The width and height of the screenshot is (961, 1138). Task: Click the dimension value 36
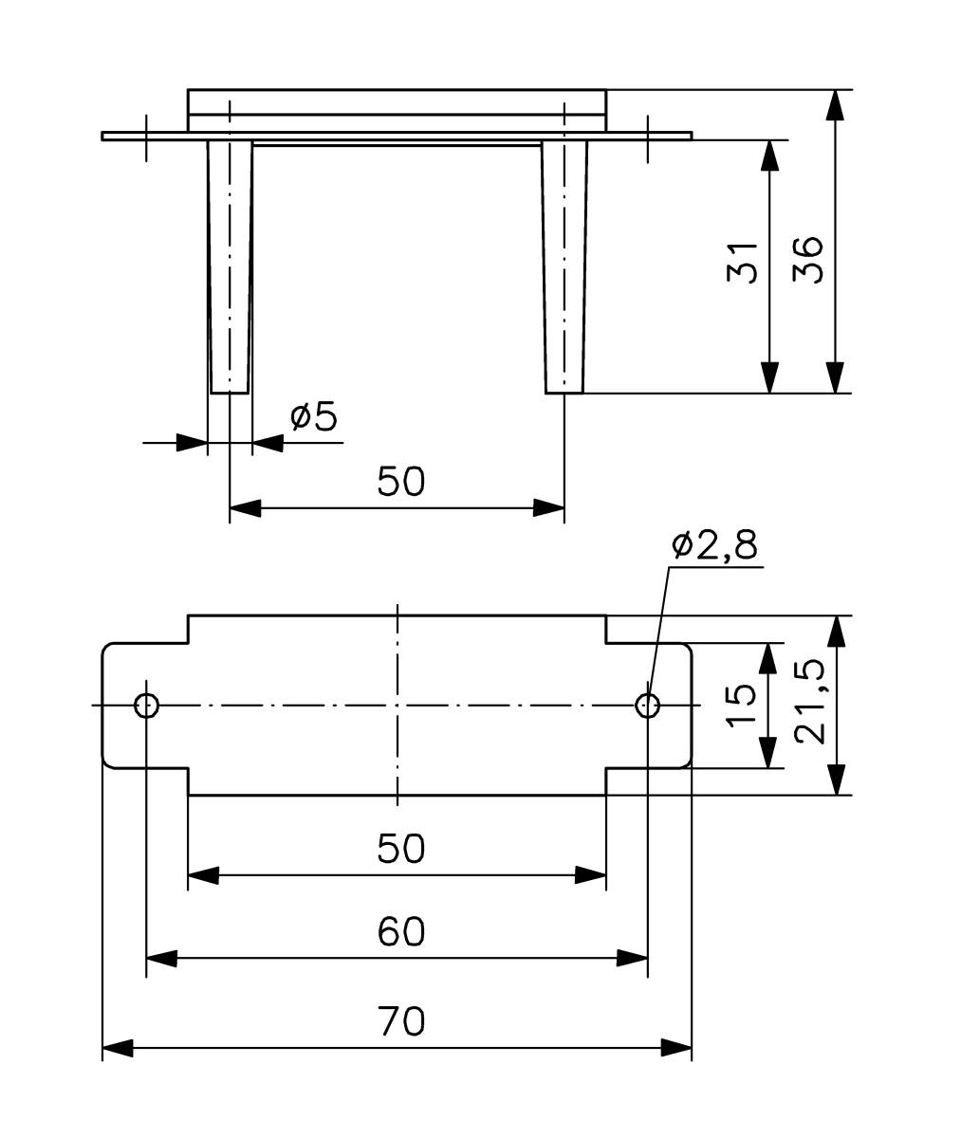(x=808, y=259)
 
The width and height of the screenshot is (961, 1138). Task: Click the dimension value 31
(x=744, y=262)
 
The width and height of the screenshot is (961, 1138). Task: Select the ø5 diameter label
(x=314, y=416)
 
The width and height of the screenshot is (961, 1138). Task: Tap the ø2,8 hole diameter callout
(x=713, y=546)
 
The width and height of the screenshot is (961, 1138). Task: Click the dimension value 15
(x=741, y=705)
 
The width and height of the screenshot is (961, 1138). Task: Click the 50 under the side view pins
(x=400, y=481)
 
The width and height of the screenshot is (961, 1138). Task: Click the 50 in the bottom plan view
(x=400, y=848)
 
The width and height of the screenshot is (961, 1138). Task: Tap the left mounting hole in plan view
(x=146, y=705)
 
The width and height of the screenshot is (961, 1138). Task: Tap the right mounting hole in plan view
(x=648, y=705)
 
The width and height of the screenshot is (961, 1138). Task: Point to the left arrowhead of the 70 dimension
(x=117, y=1048)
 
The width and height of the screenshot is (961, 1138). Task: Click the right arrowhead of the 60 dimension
(x=634, y=959)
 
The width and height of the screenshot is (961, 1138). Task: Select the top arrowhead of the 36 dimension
(x=834, y=104)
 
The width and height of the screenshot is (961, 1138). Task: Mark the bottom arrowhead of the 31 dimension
(x=769, y=377)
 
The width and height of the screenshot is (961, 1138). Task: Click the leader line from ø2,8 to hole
(x=658, y=631)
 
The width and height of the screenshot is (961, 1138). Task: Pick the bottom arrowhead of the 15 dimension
(x=769, y=753)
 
